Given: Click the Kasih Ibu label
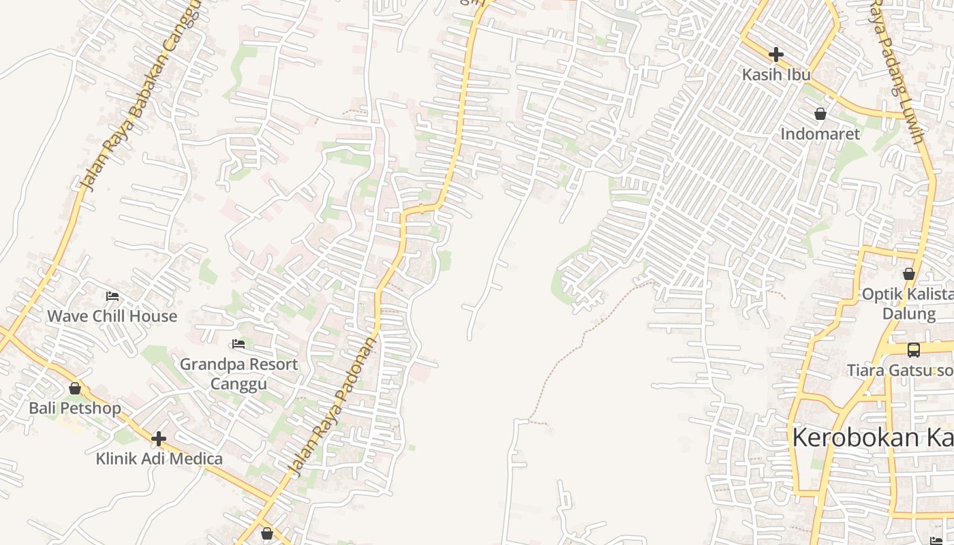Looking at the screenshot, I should pyautogui.click(x=775, y=74).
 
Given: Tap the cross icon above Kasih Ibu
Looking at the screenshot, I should pyautogui.click(x=775, y=54).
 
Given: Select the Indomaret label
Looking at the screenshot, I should pyautogui.click(x=820, y=134).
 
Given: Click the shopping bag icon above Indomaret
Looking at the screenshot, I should pyautogui.click(x=820, y=114).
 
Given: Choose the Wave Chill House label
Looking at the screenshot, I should pyautogui.click(x=112, y=316).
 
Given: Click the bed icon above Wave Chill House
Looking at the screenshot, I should pyautogui.click(x=112, y=296).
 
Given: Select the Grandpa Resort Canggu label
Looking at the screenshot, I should pyautogui.click(x=238, y=373).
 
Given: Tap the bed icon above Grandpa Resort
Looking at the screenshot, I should pyautogui.click(x=238, y=344).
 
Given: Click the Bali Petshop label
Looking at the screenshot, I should pyautogui.click(x=75, y=408).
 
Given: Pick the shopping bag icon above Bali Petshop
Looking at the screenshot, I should pyautogui.click(x=75, y=388).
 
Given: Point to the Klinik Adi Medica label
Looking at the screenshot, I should pyautogui.click(x=159, y=458).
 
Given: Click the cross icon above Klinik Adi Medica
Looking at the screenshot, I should pyautogui.click(x=159, y=439).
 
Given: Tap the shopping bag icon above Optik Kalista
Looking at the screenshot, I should pyautogui.click(x=908, y=274).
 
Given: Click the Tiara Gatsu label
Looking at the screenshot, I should pyautogui.click(x=899, y=370).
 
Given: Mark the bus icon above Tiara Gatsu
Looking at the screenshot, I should pyautogui.click(x=913, y=350).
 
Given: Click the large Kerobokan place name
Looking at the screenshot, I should pyautogui.click(x=872, y=437).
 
